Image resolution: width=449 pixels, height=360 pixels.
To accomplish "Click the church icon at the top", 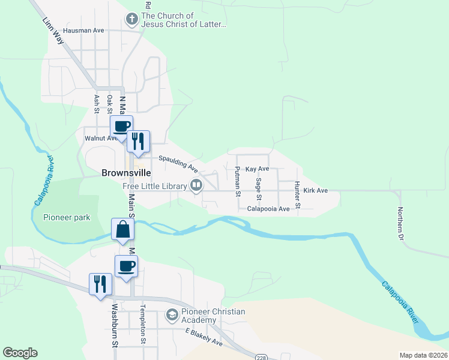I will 131,20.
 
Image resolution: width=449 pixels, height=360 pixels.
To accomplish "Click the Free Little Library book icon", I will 196,186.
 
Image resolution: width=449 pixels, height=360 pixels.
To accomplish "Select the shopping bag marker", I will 122,230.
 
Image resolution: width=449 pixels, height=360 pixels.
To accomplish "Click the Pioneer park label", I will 66,217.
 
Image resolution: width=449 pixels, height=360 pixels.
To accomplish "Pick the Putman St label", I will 238,183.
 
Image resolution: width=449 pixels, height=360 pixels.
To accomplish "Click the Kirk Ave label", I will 315,190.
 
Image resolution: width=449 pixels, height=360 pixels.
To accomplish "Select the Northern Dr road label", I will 400,223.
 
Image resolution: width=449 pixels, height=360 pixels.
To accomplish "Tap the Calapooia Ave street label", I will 268,209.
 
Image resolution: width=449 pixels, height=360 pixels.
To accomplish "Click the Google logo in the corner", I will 20,353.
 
